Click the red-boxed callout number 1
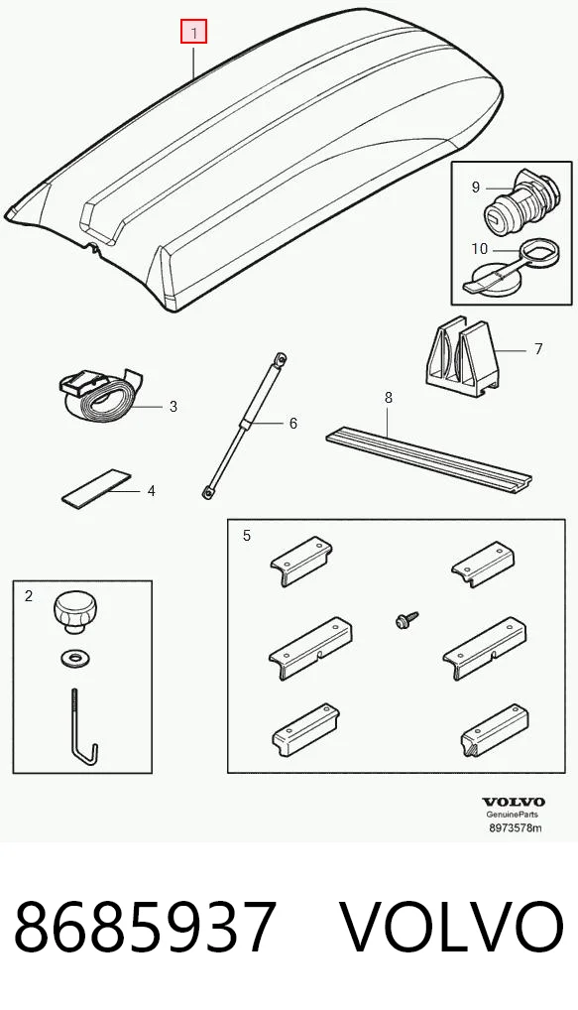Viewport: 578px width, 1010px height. click(x=193, y=32)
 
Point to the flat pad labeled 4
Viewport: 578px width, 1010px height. click(x=96, y=485)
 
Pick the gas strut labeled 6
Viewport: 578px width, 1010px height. click(x=243, y=425)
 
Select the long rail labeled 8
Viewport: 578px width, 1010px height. click(x=429, y=460)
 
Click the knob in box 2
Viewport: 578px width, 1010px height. click(x=71, y=610)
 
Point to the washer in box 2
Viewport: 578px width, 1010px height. click(x=74, y=659)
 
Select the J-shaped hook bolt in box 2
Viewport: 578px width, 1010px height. click(x=81, y=725)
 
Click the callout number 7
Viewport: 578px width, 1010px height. click(x=538, y=349)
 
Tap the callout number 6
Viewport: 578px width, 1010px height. click(x=292, y=424)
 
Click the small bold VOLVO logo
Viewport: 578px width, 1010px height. click(x=513, y=803)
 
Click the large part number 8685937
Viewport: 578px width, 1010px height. click(x=145, y=929)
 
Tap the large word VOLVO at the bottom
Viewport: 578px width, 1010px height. click(x=450, y=929)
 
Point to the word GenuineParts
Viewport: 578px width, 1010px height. click(x=513, y=816)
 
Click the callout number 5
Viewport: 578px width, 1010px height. click(x=247, y=536)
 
